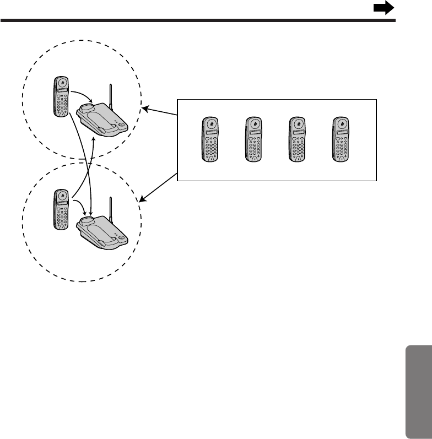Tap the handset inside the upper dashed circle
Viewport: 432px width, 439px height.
[62, 96]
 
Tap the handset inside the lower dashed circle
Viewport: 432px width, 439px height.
[62, 209]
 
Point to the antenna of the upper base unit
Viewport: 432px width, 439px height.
[111, 97]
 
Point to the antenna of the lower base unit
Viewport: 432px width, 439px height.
[111, 210]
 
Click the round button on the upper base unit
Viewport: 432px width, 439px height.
[121, 125]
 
